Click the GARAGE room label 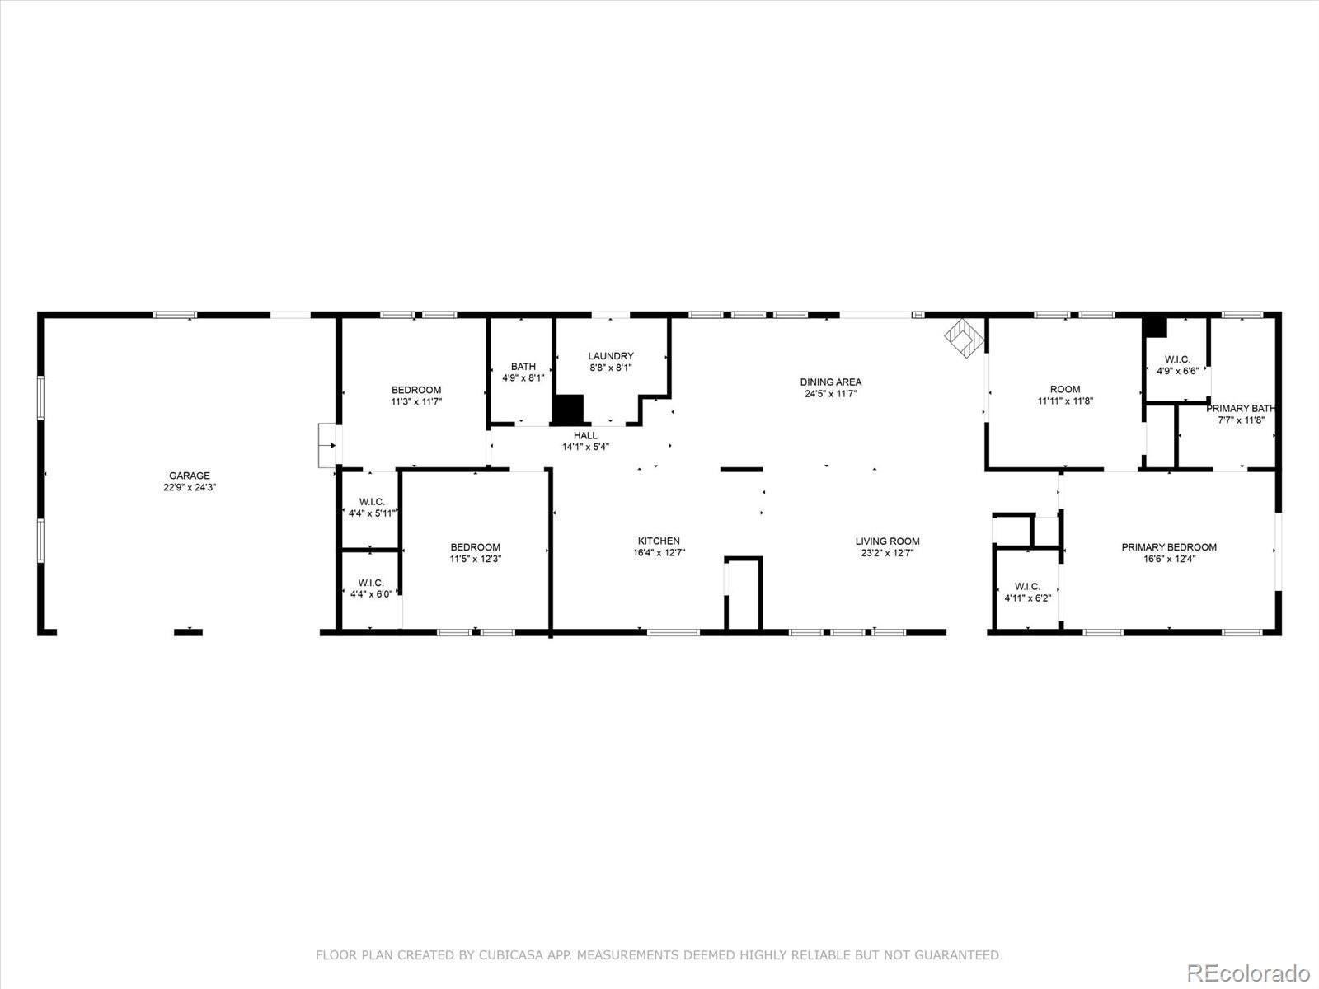pyautogui.click(x=190, y=476)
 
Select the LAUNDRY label pyautogui.click(x=611, y=356)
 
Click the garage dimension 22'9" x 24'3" pyautogui.click(x=190, y=487)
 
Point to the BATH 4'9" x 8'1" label pyautogui.click(x=523, y=372)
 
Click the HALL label pyautogui.click(x=585, y=435)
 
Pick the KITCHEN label pyautogui.click(x=659, y=541)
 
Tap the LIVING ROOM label pyautogui.click(x=887, y=541)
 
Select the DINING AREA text pyautogui.click(x=831, y=382)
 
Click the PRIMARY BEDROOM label pyautogui.click(x=1169, y=546)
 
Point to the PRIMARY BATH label pyautogui.click(x=1240, y=408)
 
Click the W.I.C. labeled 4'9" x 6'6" pyautogui.click(x=1177, y=364)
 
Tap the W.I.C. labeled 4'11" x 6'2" pyautogui.click(x=1027, y=592)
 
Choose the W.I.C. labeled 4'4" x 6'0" pyautogui.click(x=371, y=588)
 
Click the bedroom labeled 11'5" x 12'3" pyautogui.click(x=476, y=552)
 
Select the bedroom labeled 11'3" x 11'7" pyautogui.click(x=416, y=396)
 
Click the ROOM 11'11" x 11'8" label pyautogui.click(x=1065, y=395)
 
